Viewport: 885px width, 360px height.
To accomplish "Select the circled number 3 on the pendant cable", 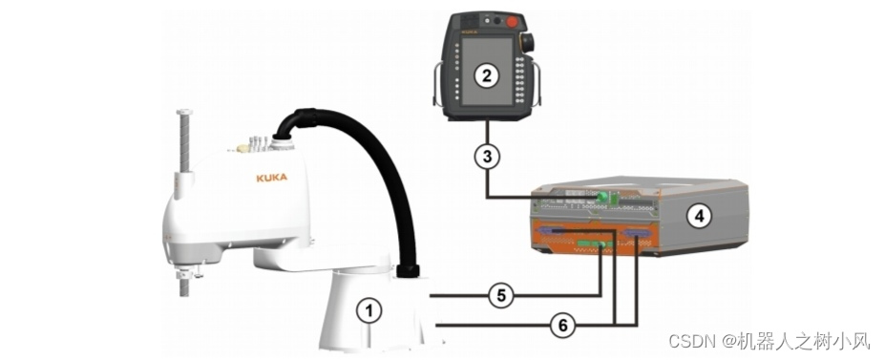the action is click(487, 157).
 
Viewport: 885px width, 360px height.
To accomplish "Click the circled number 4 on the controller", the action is click(699, 216).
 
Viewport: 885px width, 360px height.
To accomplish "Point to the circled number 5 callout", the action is click(500, 295).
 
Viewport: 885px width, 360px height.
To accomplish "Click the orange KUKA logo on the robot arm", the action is click(271, 178).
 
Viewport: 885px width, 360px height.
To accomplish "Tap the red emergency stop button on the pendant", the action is click(513, 21).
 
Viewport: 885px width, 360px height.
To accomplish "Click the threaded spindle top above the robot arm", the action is click(183, 115).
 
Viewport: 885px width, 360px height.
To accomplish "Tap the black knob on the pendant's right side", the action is click(529, 43).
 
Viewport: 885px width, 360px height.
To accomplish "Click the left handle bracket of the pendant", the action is click(437, 85).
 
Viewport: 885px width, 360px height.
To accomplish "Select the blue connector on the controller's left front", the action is click(550, 231).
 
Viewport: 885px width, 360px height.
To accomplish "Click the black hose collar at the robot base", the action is click(408, 271).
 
